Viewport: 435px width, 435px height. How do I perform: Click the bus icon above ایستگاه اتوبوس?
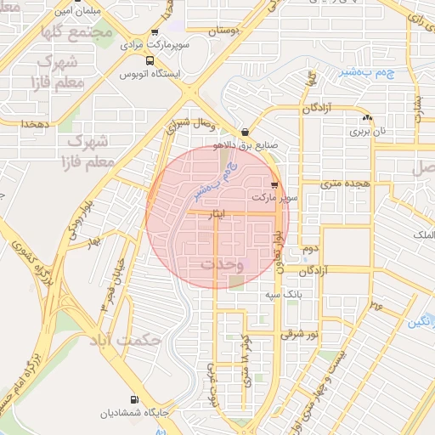click(150, 61)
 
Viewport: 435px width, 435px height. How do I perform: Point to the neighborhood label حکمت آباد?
click(130, 340)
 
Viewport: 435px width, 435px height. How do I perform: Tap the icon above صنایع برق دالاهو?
click(246, 132)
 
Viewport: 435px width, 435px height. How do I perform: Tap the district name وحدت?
click(223, 264)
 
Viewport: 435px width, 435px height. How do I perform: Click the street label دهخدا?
click(38, 124)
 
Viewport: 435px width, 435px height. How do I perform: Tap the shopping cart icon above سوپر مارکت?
click(274, 184)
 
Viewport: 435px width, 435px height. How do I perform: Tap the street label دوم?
click(310, 250)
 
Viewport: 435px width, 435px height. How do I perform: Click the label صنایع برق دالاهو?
click(248, 144)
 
